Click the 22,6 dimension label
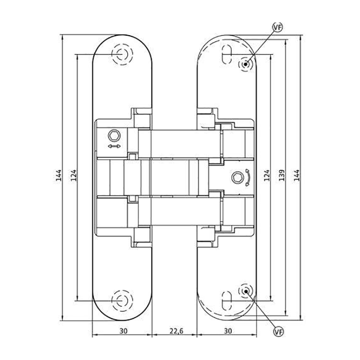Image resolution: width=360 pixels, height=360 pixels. click(x=176, y=331)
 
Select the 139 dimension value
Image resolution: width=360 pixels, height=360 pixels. click(x=282, y=175)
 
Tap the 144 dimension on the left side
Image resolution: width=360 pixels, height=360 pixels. click(x=58, y=175)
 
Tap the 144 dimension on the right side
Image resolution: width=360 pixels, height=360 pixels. click(x=297, y=175)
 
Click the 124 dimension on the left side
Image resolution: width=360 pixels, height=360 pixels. click(x=73, y=175)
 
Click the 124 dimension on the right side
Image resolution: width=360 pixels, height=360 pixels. click(x=266, y=175)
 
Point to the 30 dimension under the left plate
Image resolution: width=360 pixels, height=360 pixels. click(x=123, y=331)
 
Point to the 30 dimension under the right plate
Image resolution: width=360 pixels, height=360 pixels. click(x=228, y=331)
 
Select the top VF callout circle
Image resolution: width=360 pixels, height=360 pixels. click(x=278, y=27)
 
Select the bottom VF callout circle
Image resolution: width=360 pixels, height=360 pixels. click(x=279, y=332)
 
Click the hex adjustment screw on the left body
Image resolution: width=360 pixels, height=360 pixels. click(x=114, y=136)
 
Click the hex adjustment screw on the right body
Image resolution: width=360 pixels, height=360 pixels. click(x=238, y=177)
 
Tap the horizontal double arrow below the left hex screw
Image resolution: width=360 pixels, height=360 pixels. click(x=114, y=146)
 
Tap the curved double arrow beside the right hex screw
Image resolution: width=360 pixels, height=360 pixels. click(x=247, y=177)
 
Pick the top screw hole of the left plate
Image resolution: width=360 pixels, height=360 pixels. click(x=122, y=54)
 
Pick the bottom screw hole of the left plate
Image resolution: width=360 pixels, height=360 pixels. click(x=122, y=301)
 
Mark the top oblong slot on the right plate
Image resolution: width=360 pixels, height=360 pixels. click(x=227, y=54)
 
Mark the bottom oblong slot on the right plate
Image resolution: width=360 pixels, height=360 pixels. click(x=227, y=301)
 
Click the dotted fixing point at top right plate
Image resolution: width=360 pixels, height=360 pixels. click(x=246, y=64)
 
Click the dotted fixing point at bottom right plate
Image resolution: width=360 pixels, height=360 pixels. click(x=246, y=291)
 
